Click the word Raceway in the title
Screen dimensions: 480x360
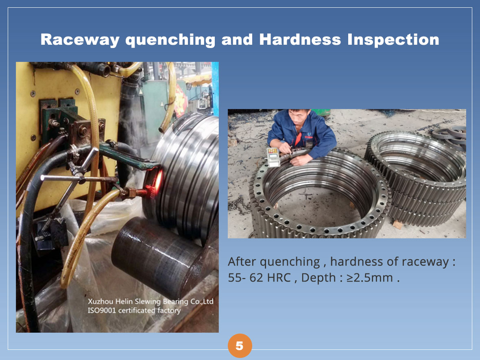80,40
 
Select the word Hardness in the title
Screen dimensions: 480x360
300,39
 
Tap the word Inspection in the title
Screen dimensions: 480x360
393,40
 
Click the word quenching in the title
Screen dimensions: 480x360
170,40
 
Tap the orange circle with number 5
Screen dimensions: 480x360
240,346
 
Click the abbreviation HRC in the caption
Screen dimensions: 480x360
279,278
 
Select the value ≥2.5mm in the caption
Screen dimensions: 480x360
370,278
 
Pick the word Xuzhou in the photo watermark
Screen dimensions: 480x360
100,301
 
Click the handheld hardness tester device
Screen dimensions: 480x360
273,157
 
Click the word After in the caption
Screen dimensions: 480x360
242,262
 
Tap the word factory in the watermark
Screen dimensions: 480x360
169,311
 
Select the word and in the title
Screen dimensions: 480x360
237,39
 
